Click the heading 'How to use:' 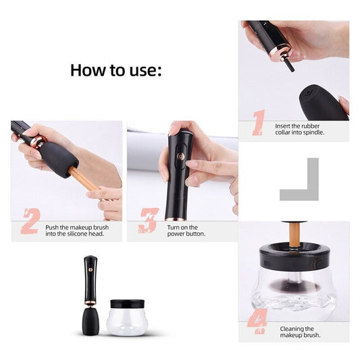point(115,70)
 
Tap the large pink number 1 point(258,124)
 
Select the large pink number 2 point(30,222)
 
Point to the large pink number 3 point(148,222)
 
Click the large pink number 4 point(257,323)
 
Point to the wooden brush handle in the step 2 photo point(83,178)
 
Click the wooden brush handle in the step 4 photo point(294,233)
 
